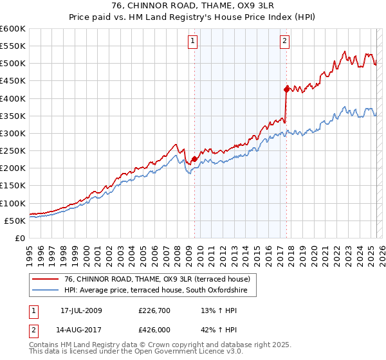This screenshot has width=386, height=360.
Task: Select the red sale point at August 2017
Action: click(x=286, y=89)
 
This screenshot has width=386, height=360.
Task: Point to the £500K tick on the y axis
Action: click(x=13, y=64)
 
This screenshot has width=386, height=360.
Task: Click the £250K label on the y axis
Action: click(x=13, y=151)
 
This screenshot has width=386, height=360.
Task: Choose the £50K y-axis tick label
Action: click(x=15, y=221)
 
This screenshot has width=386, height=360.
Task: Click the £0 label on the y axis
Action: click(x=21, y=239)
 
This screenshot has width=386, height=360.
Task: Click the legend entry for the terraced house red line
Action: click(x=152, y=278)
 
